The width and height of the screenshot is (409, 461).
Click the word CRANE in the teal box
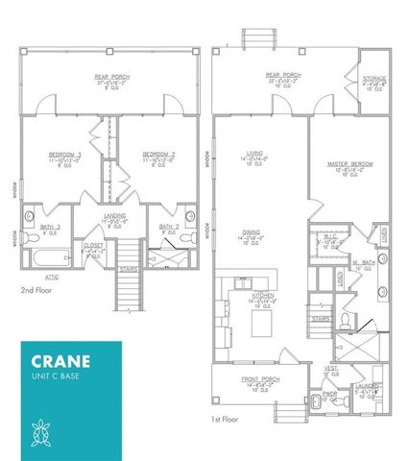[x=60, y=362]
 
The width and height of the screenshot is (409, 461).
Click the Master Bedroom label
[x=350, y=164]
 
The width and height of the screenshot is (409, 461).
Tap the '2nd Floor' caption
[x=36, y=287]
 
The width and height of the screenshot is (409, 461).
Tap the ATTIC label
[x=53, y=276]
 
